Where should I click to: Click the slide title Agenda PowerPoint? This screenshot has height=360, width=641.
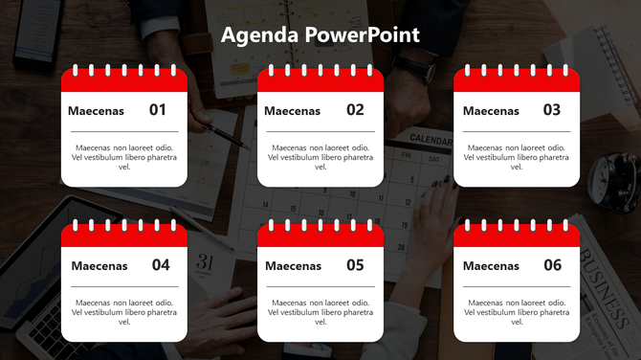320,35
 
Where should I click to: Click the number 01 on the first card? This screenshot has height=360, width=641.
158,110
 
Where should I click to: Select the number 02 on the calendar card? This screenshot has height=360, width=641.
355,110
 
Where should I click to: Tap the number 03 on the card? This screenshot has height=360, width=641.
552,110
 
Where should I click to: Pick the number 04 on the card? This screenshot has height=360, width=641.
161,265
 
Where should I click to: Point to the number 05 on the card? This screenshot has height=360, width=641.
355,265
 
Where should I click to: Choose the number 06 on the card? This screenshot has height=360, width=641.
552,265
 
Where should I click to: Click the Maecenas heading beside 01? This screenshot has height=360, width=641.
96,111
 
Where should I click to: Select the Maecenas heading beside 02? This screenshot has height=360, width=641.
292,111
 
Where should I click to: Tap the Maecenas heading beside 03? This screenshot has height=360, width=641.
491,111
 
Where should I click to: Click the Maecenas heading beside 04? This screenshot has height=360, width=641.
99,266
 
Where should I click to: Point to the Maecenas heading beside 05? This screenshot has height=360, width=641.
293,266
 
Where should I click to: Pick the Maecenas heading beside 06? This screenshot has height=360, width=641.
491,266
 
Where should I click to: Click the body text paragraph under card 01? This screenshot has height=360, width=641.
124,157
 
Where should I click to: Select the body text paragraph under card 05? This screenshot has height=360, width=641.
320,312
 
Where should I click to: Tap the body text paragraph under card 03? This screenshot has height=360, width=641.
517,157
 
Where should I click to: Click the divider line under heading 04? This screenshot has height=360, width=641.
124,286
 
